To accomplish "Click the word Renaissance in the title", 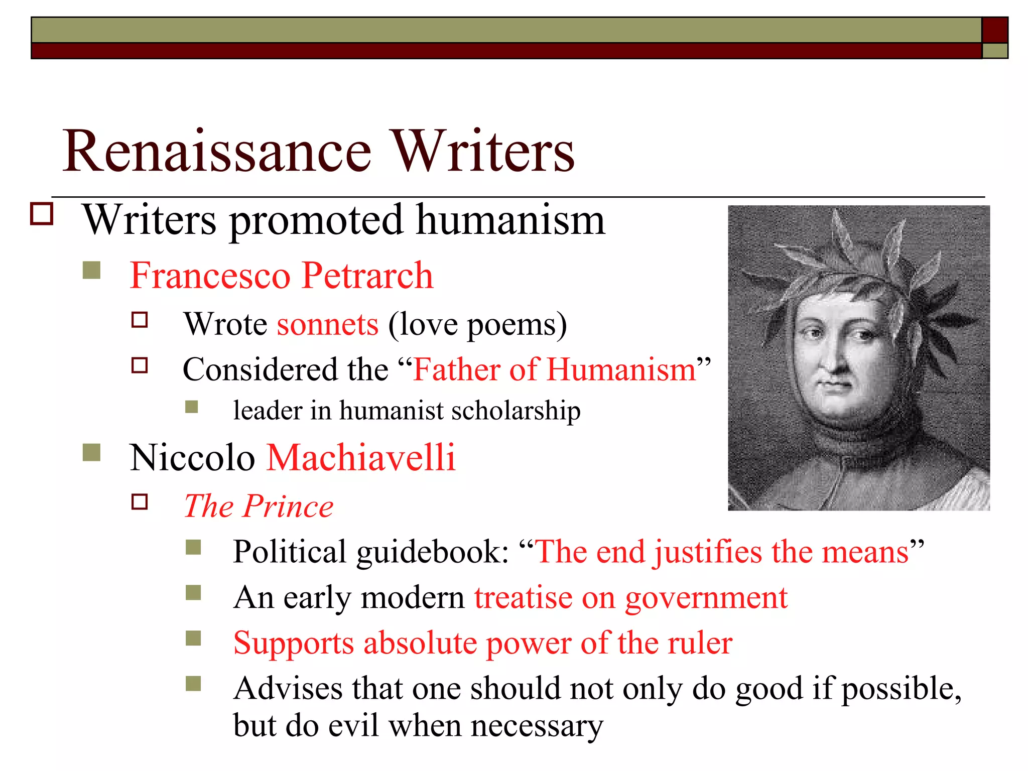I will coord(217,151).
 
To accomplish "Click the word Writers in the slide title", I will coord(482,151).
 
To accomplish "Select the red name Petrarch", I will coord(367,276).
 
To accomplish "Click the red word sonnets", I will coord(328,324).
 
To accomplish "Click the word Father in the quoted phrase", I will coord(456,370).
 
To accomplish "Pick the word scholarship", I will coord(516,411).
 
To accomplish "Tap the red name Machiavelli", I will coord(361,458).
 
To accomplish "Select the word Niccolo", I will coord(192,458).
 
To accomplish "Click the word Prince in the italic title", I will coord(288,506).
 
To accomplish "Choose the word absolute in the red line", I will coord(420,643).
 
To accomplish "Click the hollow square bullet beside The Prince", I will coord(140,502).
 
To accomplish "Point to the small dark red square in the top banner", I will coord(994,30).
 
